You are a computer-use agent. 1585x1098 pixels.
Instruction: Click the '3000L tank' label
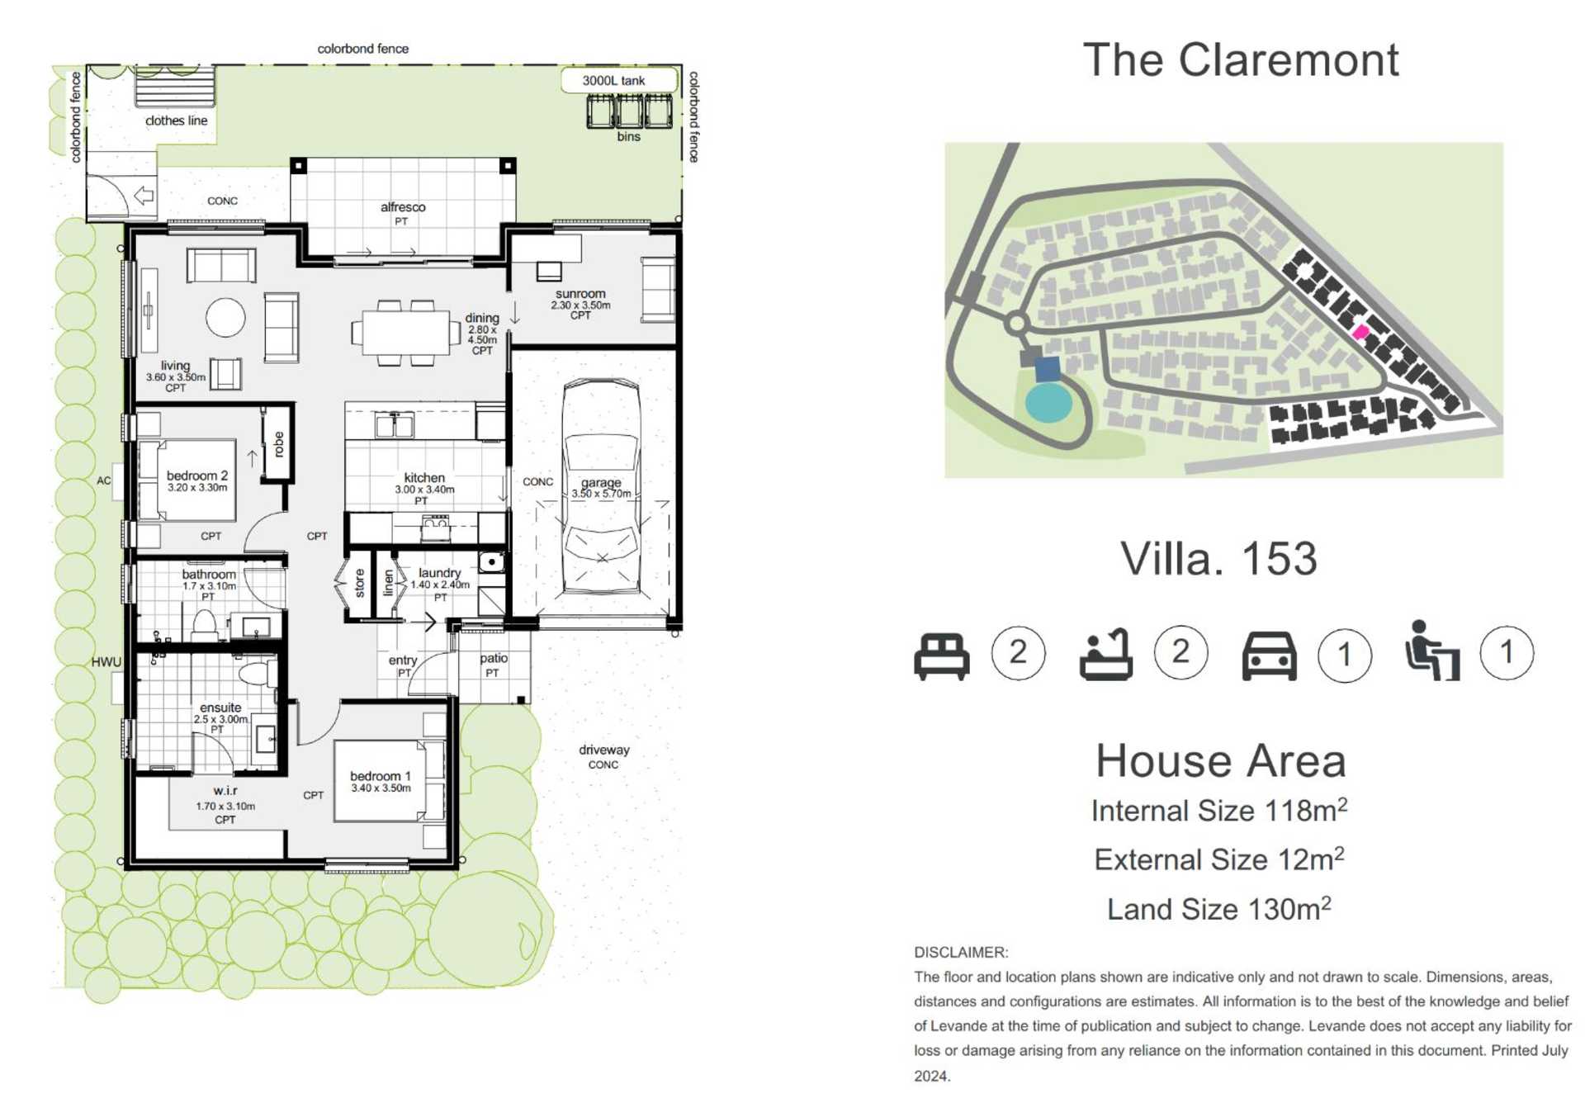pos(613,81)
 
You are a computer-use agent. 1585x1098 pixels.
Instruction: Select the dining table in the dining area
pos(406,333)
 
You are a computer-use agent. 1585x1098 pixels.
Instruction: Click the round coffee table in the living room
pos(225,317)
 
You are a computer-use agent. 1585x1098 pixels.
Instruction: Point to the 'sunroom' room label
pos(580,294)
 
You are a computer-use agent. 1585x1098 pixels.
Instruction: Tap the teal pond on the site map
pos(1048,402)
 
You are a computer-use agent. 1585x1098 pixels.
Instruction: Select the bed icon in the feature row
pos(941,656)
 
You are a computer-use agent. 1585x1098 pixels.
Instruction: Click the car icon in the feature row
pos(1269,656)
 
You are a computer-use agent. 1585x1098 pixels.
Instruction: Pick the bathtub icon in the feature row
pos(1105,655)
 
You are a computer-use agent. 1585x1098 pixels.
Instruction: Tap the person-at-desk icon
pos(1432,651)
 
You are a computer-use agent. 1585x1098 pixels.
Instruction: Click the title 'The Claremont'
pos(1240,60)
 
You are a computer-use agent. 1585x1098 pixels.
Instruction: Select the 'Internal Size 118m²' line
pos(1219,811)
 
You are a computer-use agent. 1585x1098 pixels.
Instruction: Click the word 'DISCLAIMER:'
pos(961,952)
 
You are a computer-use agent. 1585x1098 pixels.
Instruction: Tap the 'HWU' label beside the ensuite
pos(106,662)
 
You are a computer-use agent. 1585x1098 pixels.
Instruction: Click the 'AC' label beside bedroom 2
pos(103,480)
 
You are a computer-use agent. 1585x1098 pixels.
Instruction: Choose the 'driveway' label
pos(603,750)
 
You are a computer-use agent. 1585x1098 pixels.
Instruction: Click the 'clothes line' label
pos(176,121)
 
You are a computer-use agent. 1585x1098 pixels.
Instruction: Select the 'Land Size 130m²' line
pos(1218,909)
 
